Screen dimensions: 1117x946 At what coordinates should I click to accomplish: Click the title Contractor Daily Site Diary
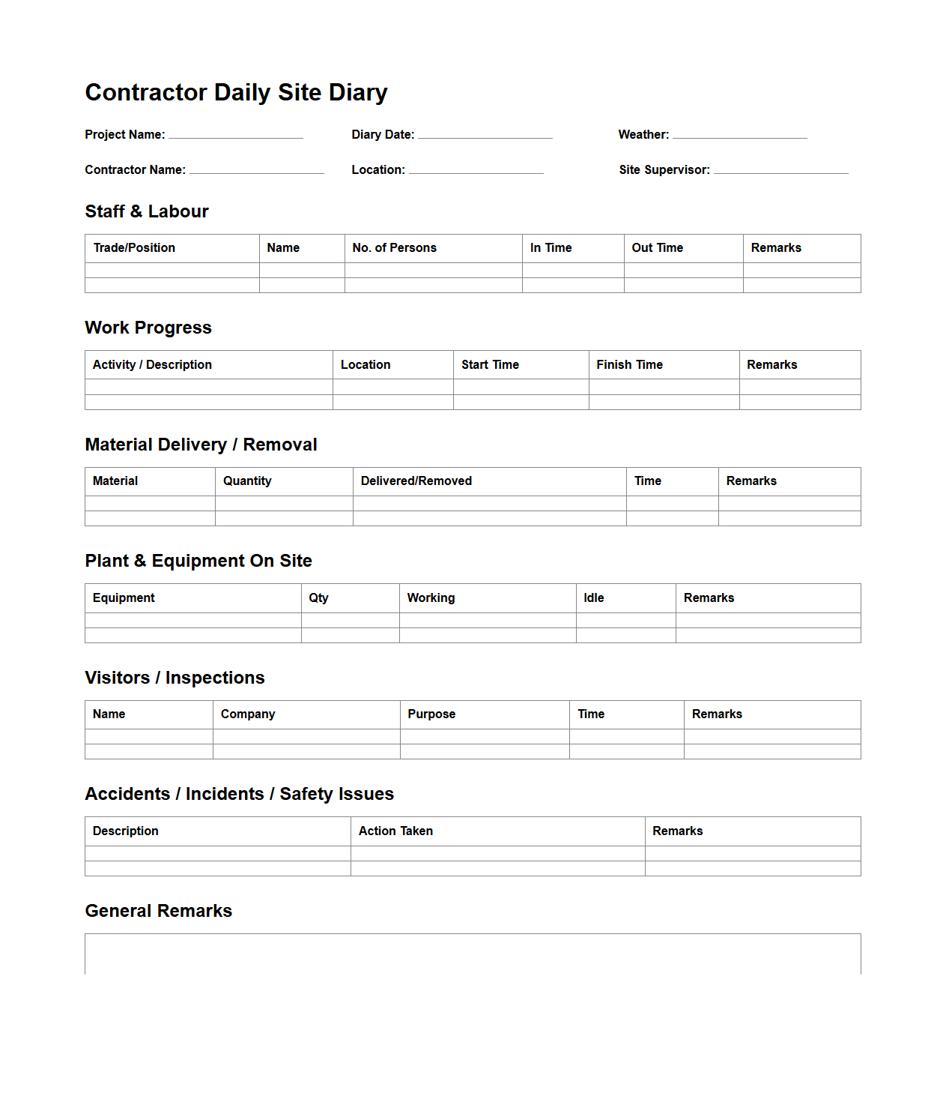point(236,92)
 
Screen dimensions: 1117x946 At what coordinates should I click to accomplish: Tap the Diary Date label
point(383,135)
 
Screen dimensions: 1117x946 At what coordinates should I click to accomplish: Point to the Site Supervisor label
point(664,170)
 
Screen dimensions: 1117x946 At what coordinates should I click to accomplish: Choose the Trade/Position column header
point(134,248)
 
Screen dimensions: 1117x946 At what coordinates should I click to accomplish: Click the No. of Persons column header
point(394,248)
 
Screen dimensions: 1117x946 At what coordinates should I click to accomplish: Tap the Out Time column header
point(657,248)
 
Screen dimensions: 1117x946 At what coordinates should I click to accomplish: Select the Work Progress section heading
point(148,328)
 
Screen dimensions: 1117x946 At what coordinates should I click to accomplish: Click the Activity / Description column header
point(152,365)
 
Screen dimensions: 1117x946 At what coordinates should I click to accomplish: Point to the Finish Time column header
point(629,365)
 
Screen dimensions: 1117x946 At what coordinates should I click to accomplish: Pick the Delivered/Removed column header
point(416,481)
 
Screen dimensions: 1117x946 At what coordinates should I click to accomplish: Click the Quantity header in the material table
point(247,481)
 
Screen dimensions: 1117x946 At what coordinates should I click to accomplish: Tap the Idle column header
point(593,598)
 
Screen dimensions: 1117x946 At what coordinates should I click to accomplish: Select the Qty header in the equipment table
point(318,598)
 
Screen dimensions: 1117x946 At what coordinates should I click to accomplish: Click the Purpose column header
point(431,714)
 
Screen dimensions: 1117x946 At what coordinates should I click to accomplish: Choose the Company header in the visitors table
point(248,714)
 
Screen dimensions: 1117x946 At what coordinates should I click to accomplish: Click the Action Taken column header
point(395,831)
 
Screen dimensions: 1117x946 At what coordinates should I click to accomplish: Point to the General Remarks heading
point(159,911)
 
